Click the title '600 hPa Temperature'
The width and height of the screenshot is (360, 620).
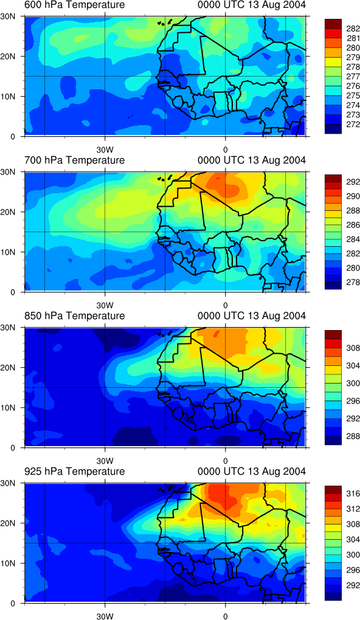tap(74, 5)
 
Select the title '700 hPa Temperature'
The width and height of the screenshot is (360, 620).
tap(74, 160)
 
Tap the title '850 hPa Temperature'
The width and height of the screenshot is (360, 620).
tap(74, 316)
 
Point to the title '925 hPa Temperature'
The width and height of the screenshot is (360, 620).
tap(74, 471)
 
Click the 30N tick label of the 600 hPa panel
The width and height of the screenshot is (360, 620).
tap(7, 16)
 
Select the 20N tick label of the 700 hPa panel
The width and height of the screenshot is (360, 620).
tap(7, 212)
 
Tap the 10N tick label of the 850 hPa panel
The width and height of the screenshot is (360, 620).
tap(7, 407)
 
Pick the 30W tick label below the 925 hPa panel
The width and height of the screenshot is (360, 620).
tap(105, 616)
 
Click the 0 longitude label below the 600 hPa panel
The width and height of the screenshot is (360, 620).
tap(225, 150)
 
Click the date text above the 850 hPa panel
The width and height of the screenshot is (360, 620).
tap(251, 316)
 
